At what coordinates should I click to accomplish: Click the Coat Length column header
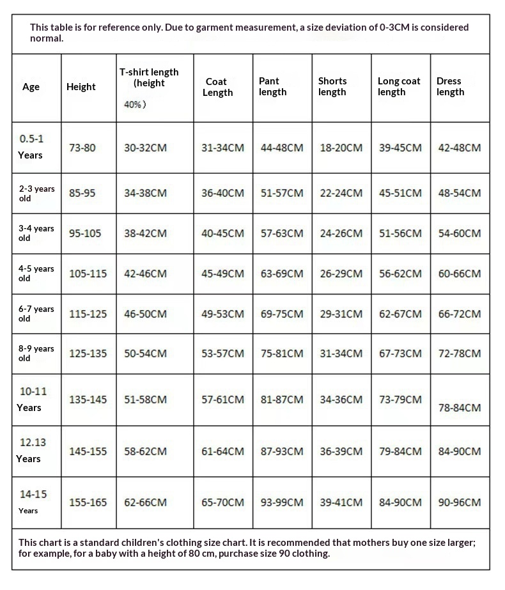pyautogui.click(x=218, y=87)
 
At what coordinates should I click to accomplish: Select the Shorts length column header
pyautogui.click(x=332, y=86)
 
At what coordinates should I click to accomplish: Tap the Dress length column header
pyautogui.click(x=450, y=86)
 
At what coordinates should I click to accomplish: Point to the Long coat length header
pyautogui.click(x=399, y=86)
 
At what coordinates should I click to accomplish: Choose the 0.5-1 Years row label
pyautogui.click(x=31, y=146)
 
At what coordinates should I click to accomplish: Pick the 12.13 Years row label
pyautogui.click(x=31, y=450)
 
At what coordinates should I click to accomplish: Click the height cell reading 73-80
pyautogui.click(x=82, y=148)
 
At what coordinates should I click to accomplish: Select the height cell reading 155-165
pyautogui.click(x=88, y=502)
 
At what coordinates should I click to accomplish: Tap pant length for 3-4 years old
pyautogui.click(x=282, y=233)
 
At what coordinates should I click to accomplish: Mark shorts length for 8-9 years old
pyautogui.click(x=341, y=353)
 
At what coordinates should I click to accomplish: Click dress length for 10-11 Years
pyautogui.click(x=460, y=407)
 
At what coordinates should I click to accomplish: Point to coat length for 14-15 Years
pyautogui.click(x=222, y=502)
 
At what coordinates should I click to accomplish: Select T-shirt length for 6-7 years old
pyautogui.click(x=145, y=314)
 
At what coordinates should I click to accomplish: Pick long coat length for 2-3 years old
pyautogui.click(x=400, y=192)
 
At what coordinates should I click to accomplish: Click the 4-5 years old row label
pyautogui.click(x=36, y=273)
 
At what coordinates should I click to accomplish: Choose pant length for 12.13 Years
pyautogui.click(x=282, y=451)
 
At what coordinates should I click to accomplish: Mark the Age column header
pyautogui.click(x=31, y=87)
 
